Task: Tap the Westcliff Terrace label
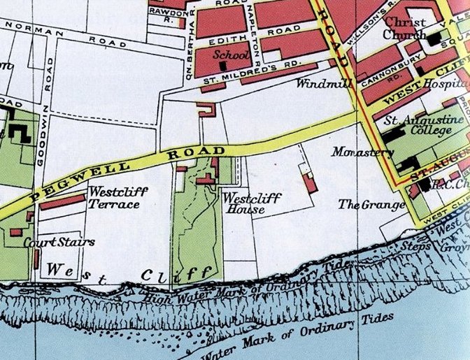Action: coord(114,197)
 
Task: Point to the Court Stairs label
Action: coord(50,243)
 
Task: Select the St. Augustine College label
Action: coord(424,125)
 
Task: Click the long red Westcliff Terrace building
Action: coord(63,201)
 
